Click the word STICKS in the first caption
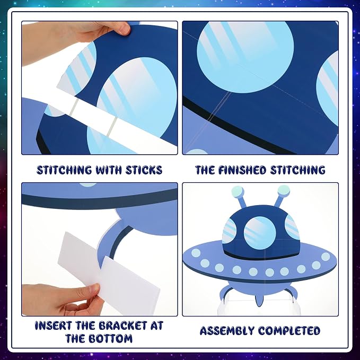tap(144, 170)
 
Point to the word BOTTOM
tap(111, 338)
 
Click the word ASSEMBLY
tap(227, 331)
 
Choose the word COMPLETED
tap(289, 331)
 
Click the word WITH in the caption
tap(109, 170)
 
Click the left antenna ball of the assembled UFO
tap(238, 191)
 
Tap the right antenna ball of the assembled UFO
tap(284, 190)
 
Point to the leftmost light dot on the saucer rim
tap(196, 253)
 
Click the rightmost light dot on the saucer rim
tap(326, 257)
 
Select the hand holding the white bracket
tap(62, 300)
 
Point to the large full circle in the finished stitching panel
tap(245, 56)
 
